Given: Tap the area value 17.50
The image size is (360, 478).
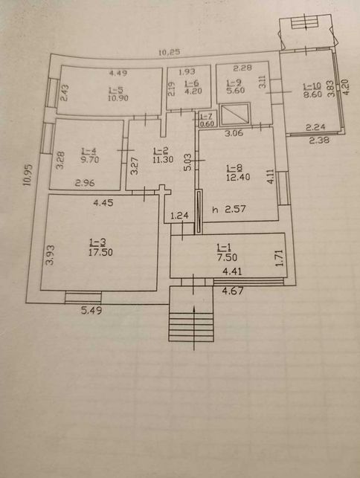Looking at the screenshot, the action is coord(100,252).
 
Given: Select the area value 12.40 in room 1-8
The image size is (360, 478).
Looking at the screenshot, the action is coord(238,176).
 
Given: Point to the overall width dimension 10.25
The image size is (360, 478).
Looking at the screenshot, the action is coord(170,53).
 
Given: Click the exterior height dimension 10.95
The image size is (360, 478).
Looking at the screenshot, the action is coord(28,175).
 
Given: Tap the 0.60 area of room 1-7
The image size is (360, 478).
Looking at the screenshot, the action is coord(208,124).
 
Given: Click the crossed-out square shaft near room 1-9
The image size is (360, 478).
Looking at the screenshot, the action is coord(235,114).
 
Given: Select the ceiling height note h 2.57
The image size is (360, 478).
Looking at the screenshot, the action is coord(229,209).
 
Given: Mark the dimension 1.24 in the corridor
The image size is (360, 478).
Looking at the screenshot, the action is coord(179,216).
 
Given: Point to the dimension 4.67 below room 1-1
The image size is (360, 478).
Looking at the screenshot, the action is coord(233,291).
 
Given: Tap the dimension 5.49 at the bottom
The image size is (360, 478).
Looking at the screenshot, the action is coord(91,310).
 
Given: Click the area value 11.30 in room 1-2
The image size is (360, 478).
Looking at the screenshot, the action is coord(163,159).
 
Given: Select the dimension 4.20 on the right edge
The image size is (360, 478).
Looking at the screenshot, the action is coord(347,87).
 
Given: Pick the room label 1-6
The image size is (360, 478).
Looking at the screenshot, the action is coord(192,83).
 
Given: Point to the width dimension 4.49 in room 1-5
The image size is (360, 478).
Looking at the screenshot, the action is coord(118,73).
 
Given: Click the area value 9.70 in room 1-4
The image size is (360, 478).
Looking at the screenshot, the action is coord(90,159).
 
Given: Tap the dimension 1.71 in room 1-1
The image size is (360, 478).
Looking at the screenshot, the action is coord(280,258).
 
